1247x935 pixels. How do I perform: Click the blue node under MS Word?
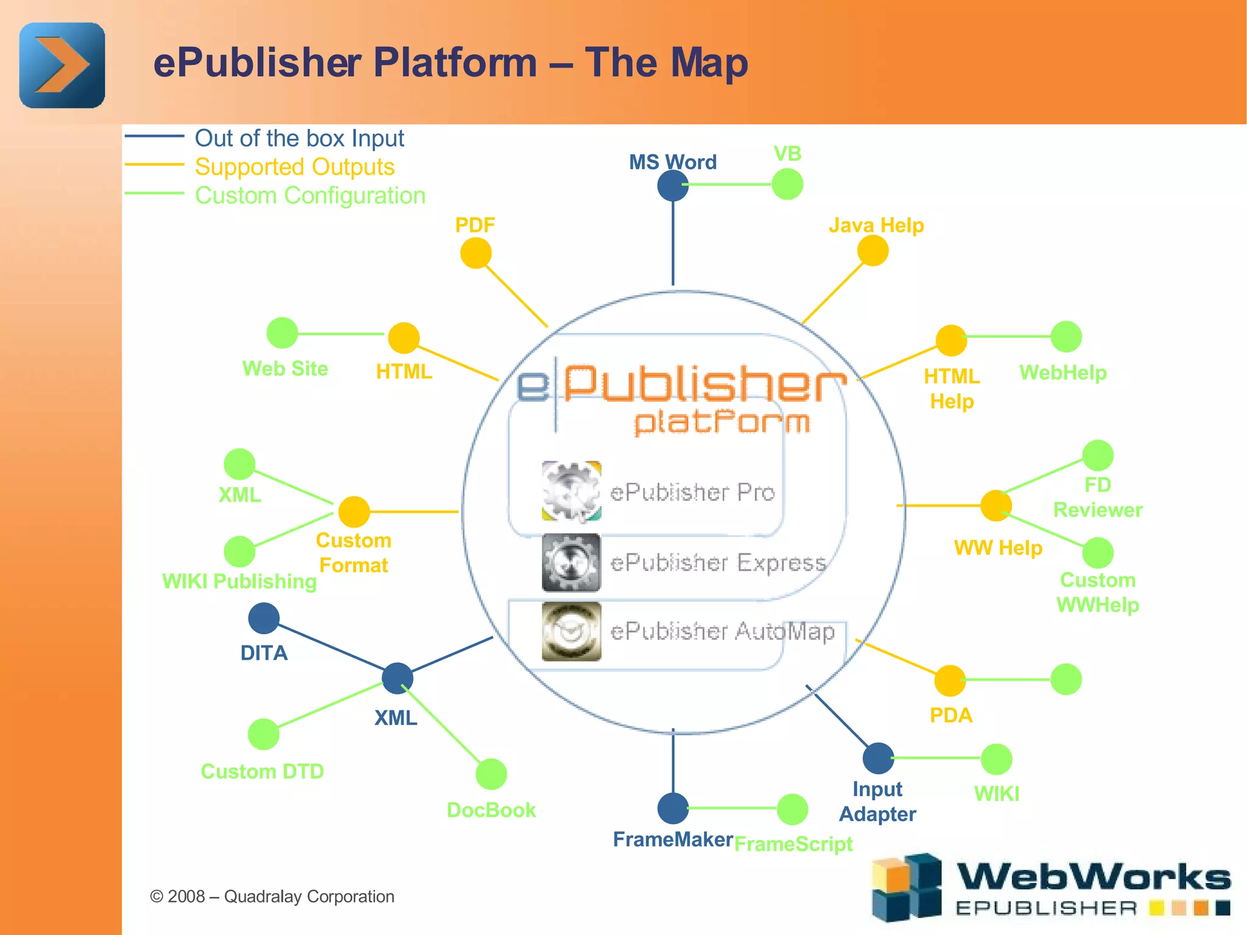point(673,186)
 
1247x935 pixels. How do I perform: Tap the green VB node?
point(787,184)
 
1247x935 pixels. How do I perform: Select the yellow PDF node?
point(476,253)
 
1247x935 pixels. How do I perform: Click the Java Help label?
point(876,226)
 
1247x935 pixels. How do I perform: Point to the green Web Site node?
point(283,333)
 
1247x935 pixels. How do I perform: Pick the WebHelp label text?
point(1063,373)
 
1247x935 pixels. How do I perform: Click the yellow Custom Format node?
point(354,511)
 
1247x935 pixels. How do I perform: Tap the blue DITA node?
point(264,618)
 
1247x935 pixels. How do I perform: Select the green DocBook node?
point(491,774)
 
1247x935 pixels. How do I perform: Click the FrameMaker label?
point(673,839)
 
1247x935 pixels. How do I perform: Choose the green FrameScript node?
point(792,809)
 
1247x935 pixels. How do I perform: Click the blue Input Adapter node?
point(878,758)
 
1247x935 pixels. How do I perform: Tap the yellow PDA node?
point(950,681)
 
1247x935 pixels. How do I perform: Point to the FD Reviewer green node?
point(1098,455)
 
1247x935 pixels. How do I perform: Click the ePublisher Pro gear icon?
point(571,491)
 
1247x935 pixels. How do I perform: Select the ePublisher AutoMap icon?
point(571,631)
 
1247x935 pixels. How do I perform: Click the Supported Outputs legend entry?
point(295,167)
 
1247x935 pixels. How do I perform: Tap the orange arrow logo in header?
point(62,65)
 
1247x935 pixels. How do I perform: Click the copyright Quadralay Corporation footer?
point(272,896)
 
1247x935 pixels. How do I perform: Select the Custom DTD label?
point(262,771)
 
